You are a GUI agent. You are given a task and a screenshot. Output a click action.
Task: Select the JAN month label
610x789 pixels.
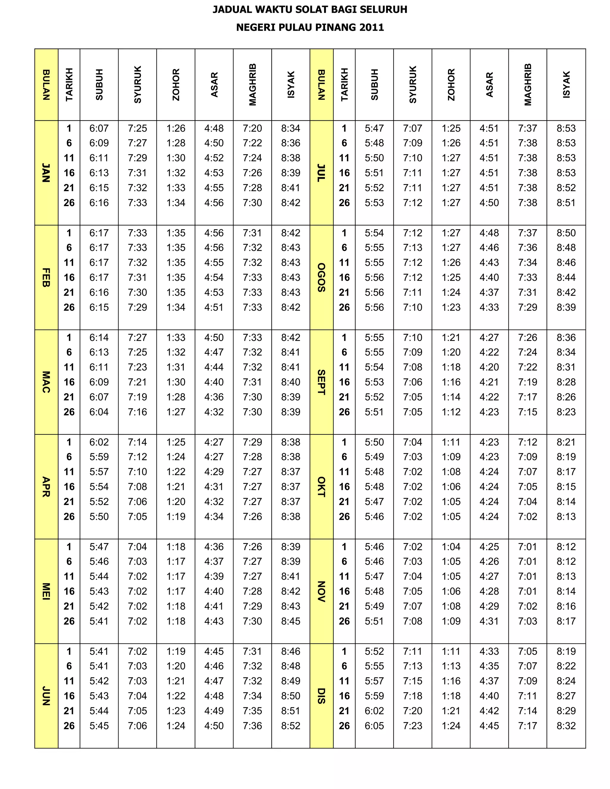[46, 173]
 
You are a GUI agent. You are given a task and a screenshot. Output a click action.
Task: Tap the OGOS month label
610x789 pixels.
[321, 277]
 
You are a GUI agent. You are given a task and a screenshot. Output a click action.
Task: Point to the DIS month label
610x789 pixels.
[321, 696]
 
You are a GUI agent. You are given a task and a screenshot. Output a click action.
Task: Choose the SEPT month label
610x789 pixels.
[321, 382]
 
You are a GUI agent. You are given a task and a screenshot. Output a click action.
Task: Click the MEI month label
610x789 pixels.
[46, 591]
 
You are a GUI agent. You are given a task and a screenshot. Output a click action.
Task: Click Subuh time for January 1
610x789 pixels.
[99, 128]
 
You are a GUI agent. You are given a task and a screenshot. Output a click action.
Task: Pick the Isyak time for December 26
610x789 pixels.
[566, 726]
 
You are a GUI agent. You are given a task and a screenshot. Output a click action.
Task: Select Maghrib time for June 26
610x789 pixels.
[252, 726]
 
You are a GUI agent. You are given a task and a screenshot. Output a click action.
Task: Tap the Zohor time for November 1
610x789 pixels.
[451, 547]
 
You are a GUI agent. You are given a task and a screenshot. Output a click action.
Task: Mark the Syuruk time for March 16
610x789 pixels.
[137, 382]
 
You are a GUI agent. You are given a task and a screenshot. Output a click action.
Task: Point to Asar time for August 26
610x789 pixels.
[489, 308]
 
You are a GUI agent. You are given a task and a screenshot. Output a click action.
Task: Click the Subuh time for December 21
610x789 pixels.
[374, 711]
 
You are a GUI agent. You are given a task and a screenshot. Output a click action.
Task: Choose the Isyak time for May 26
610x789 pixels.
[290, 621]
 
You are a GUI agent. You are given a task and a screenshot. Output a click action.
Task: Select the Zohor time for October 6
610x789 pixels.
[451, 457]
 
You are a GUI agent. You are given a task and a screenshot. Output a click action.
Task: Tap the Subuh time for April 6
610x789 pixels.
[99, 457]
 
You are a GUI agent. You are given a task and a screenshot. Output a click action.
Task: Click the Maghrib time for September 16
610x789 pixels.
[527, 382]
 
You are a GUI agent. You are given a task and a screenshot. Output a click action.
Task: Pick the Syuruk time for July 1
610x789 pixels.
[413, 128]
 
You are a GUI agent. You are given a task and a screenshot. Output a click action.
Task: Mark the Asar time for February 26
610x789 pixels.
[214, 308]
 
